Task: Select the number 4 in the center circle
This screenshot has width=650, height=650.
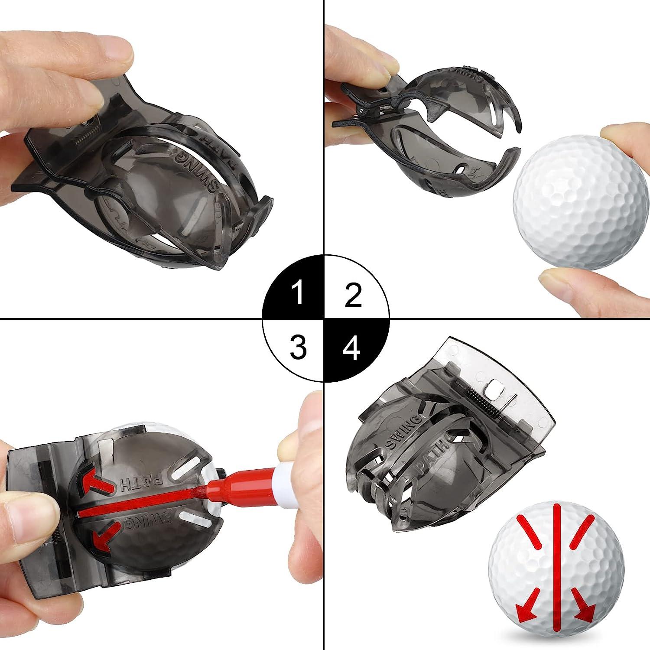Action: [352, 348]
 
